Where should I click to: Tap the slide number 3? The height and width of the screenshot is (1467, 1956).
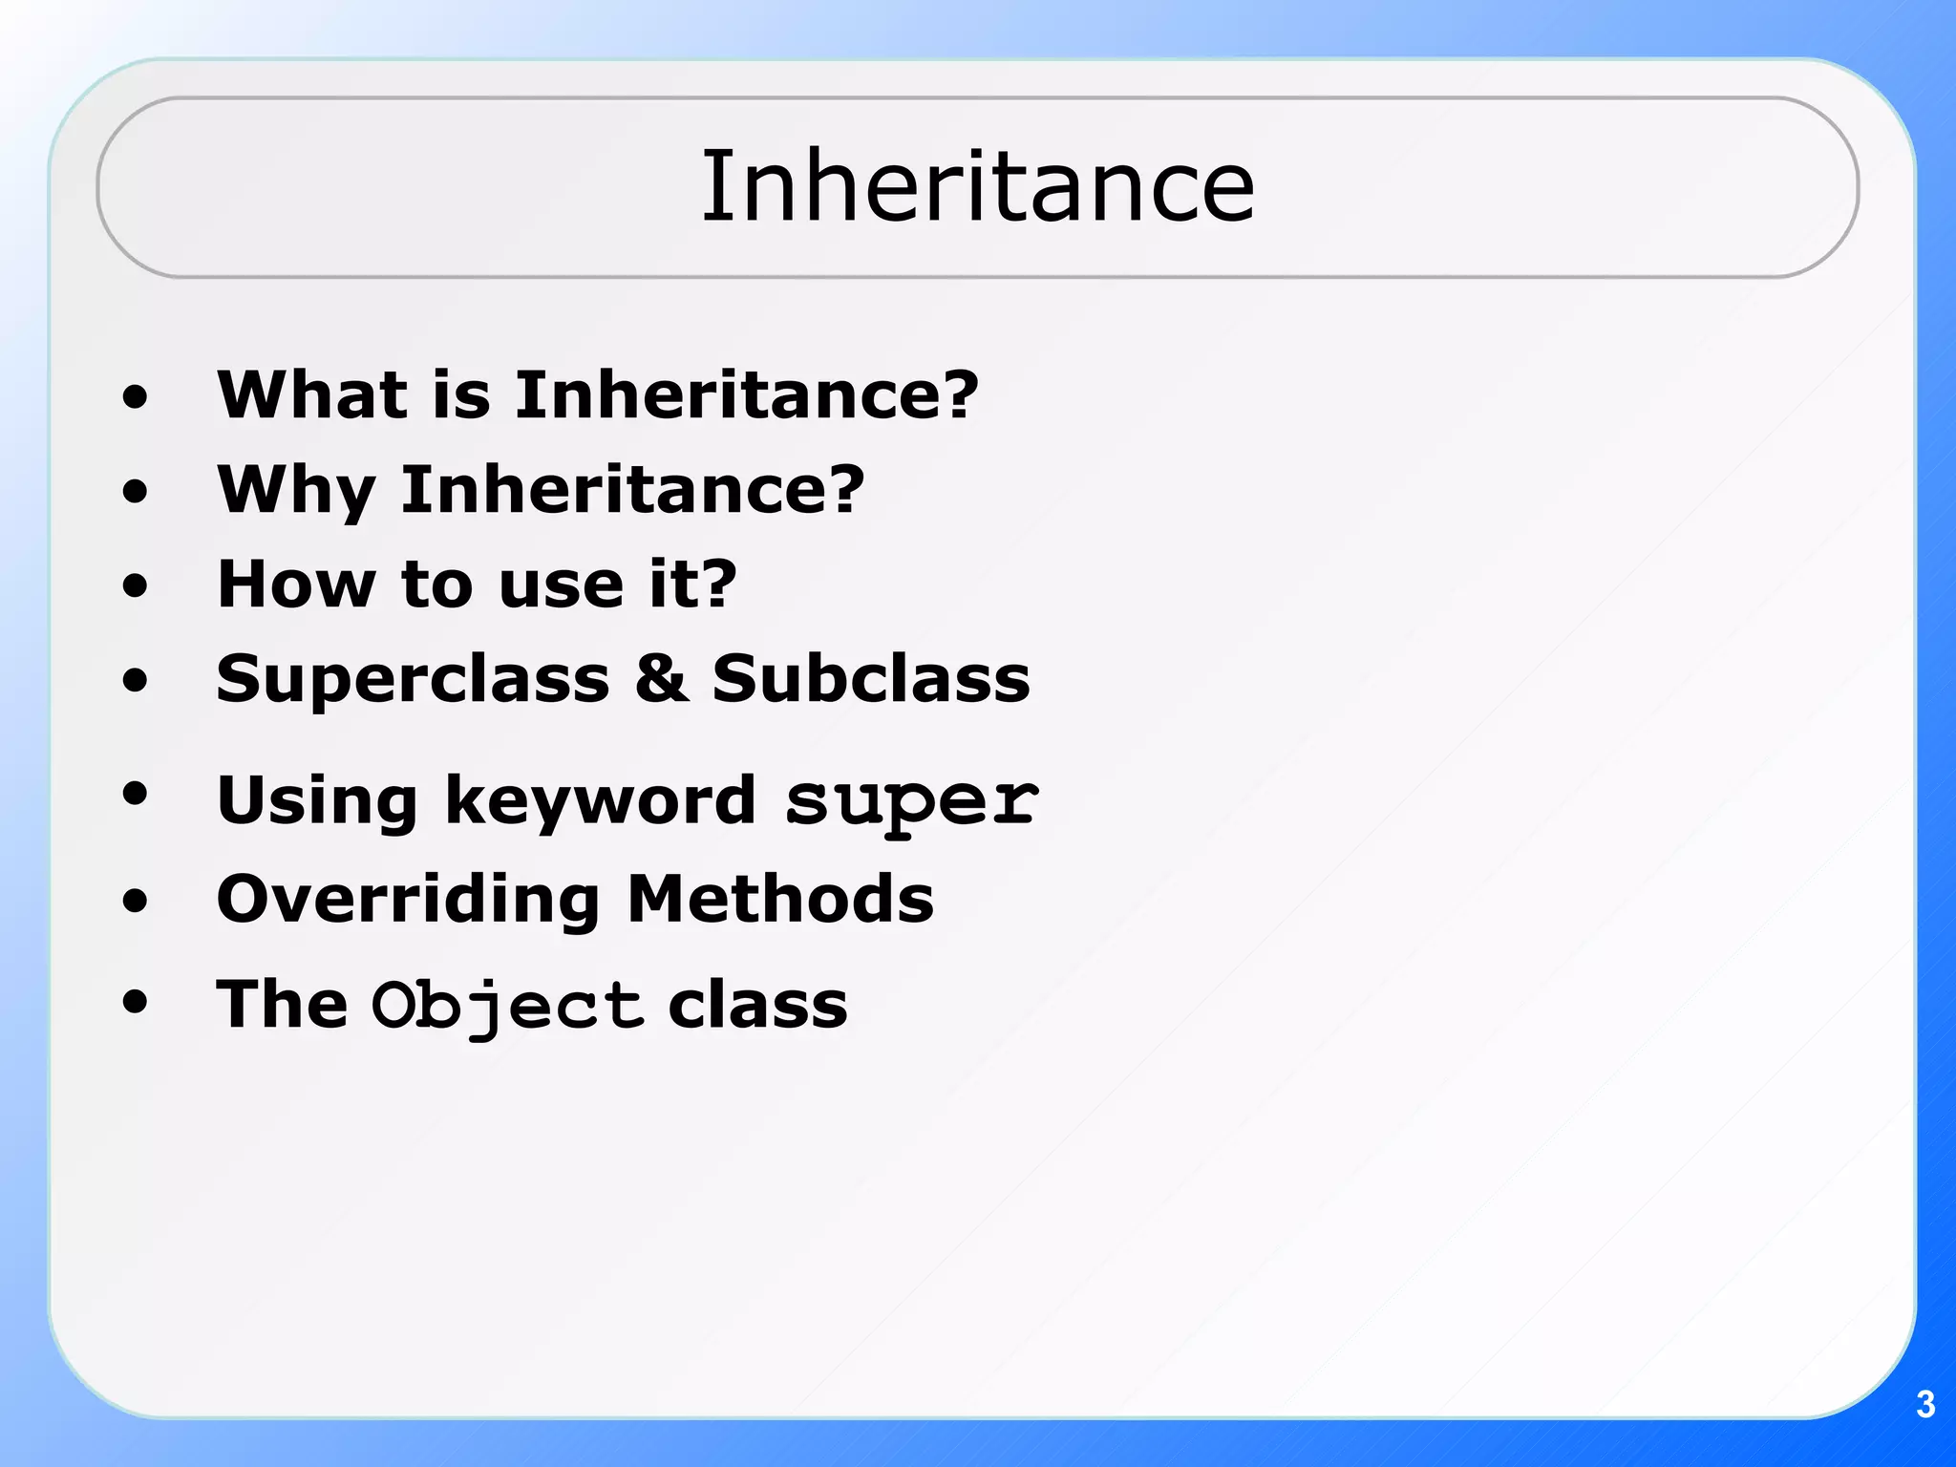point(1925,1405)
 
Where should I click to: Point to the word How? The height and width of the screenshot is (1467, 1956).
point(296,584)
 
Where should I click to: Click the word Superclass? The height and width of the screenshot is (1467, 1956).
point(413,679)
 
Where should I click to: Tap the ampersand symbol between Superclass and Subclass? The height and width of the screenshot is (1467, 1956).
point(661,679)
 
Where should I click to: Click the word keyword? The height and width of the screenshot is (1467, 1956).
point(601,800)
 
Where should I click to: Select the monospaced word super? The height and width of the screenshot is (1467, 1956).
point(911,800)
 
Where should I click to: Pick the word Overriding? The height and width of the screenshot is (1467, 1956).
point(408,901)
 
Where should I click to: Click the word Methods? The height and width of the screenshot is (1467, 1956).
point(780,899)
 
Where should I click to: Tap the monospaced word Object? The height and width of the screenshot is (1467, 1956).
point(507,1006)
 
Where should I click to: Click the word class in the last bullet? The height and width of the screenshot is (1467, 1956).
point(757,1006)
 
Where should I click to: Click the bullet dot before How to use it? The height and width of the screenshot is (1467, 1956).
point(136,585)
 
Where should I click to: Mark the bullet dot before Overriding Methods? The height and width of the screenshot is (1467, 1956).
point(136,900)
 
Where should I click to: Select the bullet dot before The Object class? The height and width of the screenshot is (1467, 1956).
point(136,1003)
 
